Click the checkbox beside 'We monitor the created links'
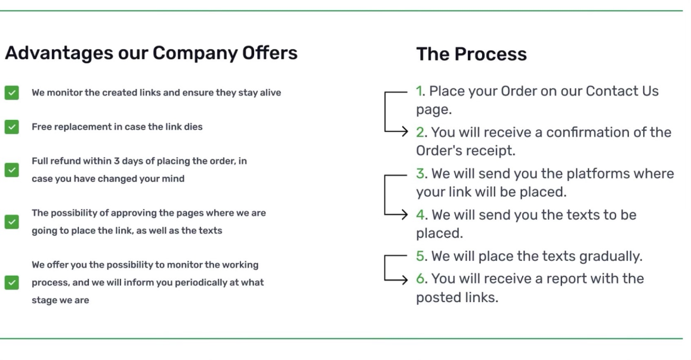(12, 93)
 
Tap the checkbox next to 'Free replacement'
(12, 127)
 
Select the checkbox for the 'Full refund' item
(12, 170)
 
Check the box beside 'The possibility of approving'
(12, 221)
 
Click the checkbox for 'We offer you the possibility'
(12, 282)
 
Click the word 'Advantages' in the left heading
(59, 53)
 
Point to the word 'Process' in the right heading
(491, 54)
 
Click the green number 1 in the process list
(419, 91)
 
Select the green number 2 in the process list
(420, 132)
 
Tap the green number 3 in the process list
(421, 173)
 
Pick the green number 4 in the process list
(421, 215)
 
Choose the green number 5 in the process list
(421, 256)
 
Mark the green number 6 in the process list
(421, 278)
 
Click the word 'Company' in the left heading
(195, 53)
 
